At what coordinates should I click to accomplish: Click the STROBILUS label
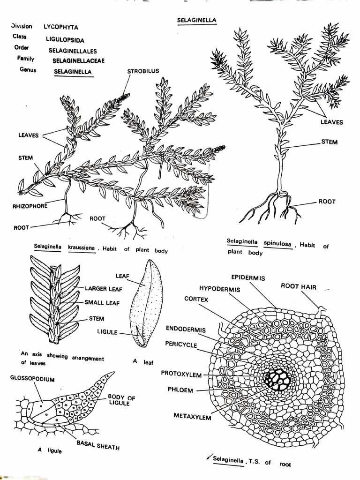(x=143, y=71)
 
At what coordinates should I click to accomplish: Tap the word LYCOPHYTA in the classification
(x=61, y=27)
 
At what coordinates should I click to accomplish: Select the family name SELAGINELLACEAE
(x=78, y=60)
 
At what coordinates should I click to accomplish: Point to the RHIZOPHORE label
(x=30, y=206)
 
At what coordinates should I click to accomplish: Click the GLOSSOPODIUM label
(x=32, y=379)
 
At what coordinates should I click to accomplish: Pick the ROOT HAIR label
(x=299, y=286)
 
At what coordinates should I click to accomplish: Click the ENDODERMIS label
(x=186, y=330)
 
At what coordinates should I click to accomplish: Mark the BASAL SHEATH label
(x=98, y=445)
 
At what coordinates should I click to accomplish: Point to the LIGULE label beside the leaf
(x=107, y=332)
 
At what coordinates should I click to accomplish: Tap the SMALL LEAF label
(x=102, y=303)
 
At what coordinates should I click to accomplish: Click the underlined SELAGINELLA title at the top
(x=197, y=20)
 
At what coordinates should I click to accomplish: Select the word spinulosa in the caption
(x=277, y=244)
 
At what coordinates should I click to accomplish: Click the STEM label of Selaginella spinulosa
(x=329, y=142)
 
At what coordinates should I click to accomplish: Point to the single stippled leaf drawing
(x=146, y=303)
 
